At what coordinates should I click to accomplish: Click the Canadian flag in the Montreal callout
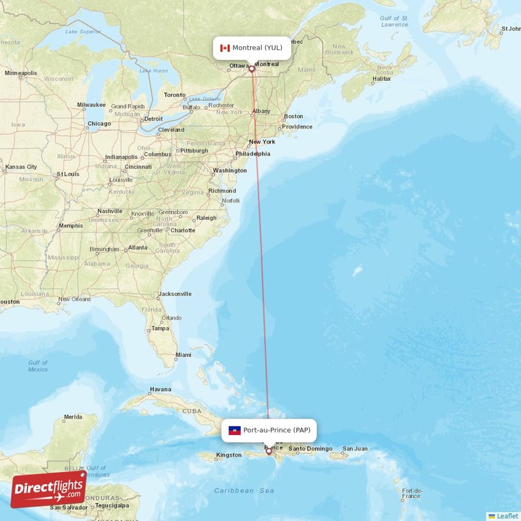[x=225, y=48]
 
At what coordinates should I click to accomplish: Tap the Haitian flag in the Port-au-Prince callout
[x=235, y=430]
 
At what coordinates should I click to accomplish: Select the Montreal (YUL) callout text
[x=257, y=48]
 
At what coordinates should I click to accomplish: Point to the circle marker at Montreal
[x=251, y=68]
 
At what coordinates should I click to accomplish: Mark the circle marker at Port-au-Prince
[x=268, y=451]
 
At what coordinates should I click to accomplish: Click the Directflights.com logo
[x=48, y=489]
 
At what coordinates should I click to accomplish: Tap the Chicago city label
[x=100, y=124]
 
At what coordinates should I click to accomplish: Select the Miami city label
[x=183, y=355]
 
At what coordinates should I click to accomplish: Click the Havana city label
[x=160, y=389]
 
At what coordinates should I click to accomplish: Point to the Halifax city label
[x=381, y=79]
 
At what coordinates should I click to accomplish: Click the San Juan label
[x=356, y=449]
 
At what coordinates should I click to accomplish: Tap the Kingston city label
[x=229, y=455]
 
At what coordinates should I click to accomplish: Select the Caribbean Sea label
[x=244, y=490]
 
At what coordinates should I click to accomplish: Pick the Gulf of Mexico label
[x=38, y=366]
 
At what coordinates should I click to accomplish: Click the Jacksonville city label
[x=175, y=294]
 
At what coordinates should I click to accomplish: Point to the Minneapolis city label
[x=21, y=73]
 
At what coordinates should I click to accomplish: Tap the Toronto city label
[x=175, y=94]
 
